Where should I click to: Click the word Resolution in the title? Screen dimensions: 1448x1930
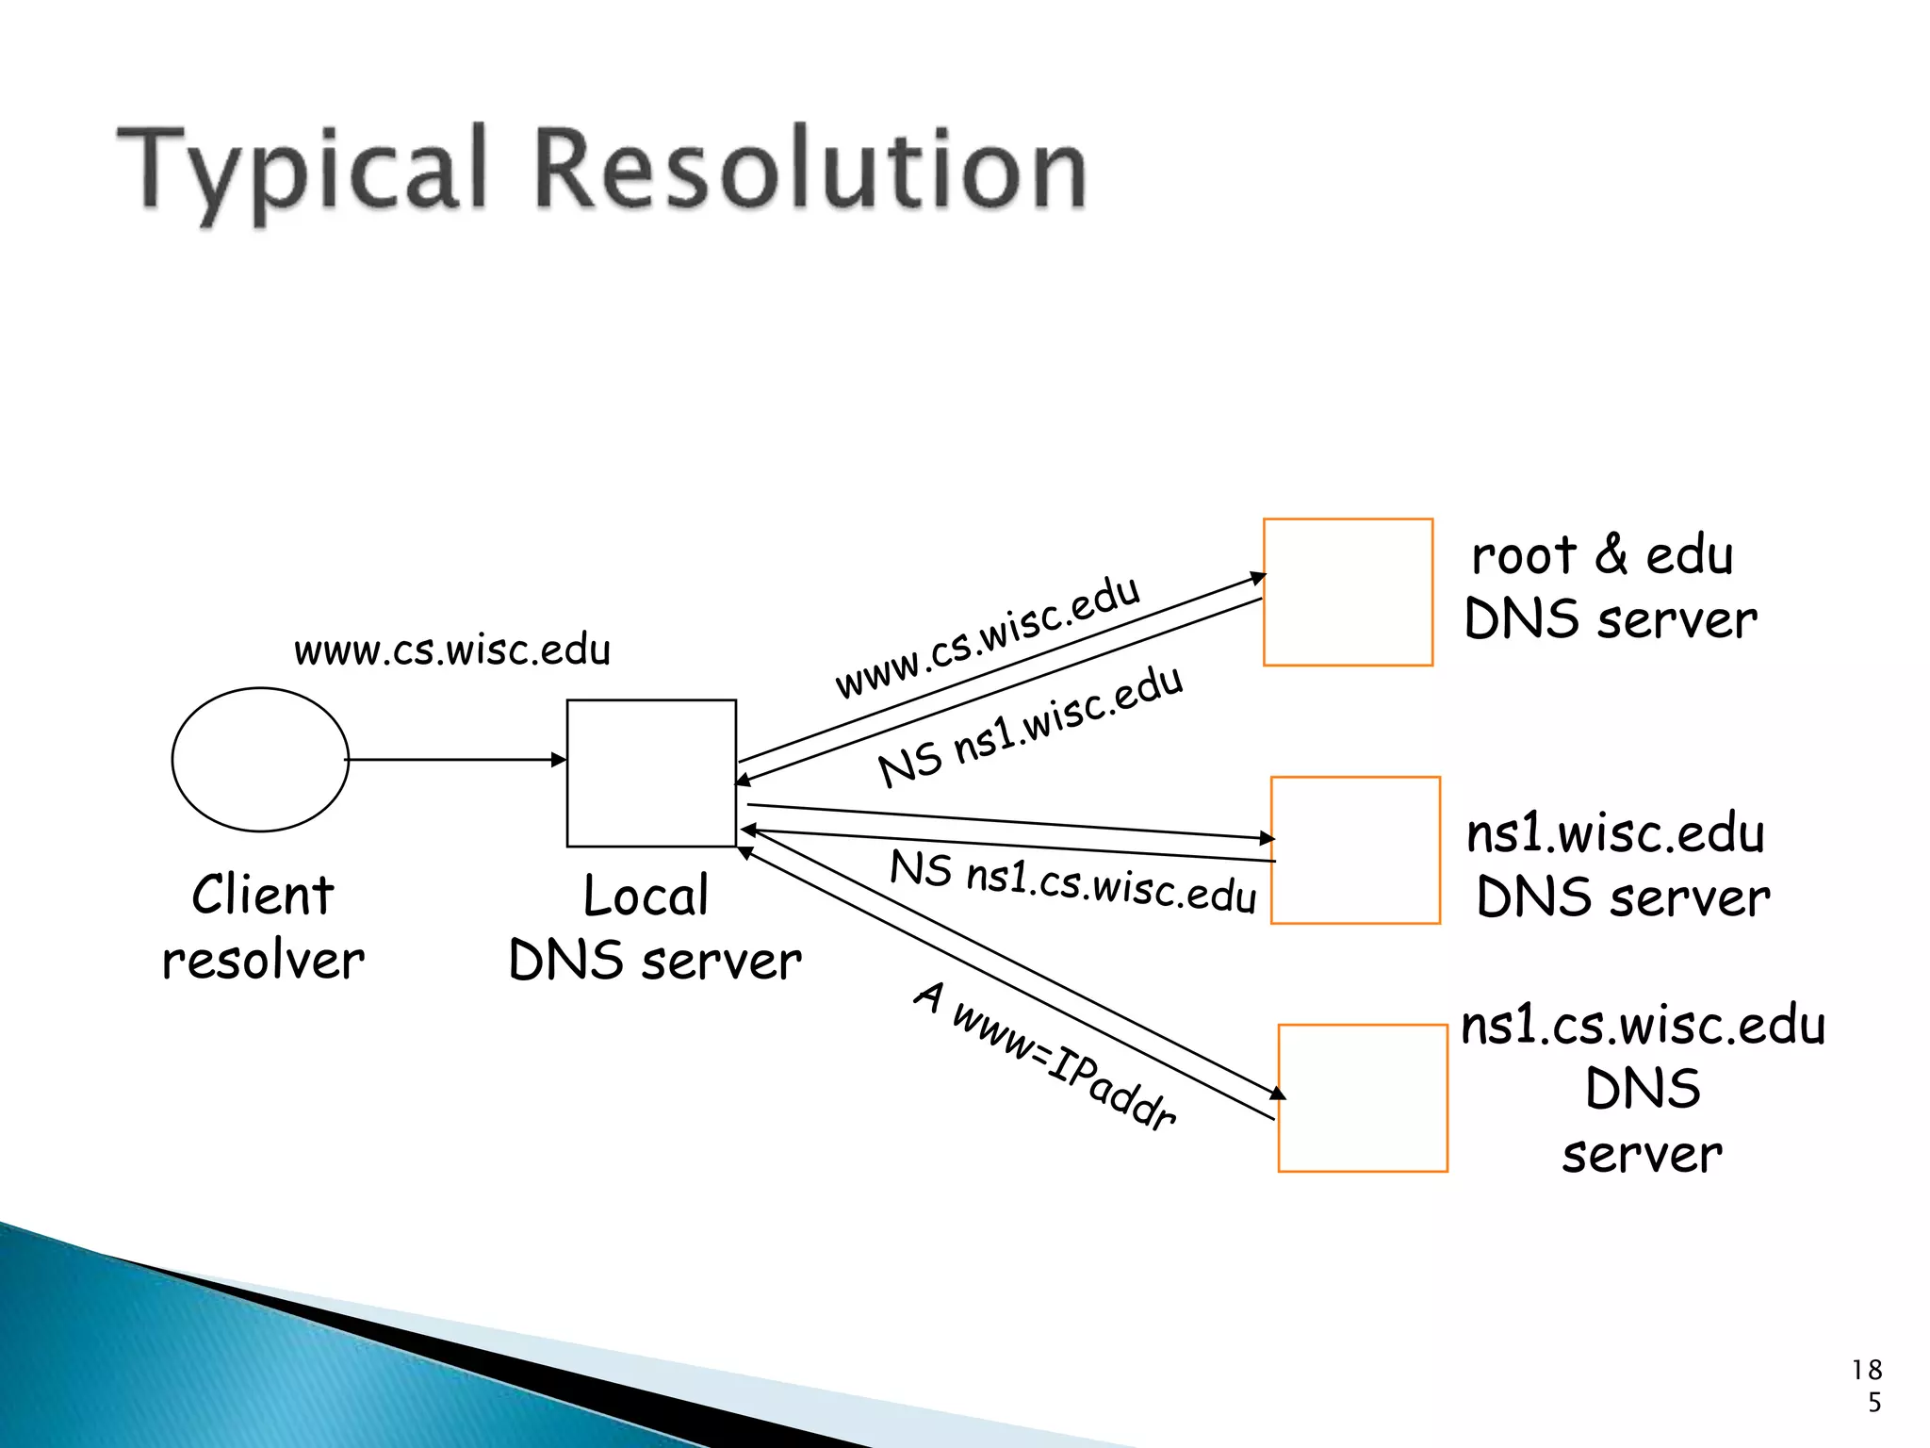[x=810, y=170]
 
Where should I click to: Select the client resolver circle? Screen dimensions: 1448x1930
[x=260, y=760]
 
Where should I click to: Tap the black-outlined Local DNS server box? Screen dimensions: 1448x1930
[x=651, y=773]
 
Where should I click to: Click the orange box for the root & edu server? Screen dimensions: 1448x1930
[x=1348, y=592]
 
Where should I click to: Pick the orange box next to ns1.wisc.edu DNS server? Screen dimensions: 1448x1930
[x=1355, y=850]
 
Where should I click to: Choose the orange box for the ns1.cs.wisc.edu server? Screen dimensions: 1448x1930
[x=1363, y=1098]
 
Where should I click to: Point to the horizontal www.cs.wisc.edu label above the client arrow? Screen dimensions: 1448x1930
[x=452, y=650]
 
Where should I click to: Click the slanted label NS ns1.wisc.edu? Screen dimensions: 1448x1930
[x=1030, y=725]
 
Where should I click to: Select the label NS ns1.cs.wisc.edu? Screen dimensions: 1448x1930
[x=1073, y=882]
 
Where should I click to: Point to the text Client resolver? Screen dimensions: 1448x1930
[x=263, y=928]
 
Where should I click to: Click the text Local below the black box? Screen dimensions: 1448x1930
[x=646, y=896]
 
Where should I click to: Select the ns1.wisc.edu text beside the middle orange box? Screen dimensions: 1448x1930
[x=1615, y=833]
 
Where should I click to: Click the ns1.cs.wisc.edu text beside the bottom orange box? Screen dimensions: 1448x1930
[x=1643, y=1026]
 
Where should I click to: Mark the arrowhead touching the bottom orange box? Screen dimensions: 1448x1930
[x=1278, y=1094]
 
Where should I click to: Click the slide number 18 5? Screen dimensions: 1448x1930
[x=1868, y=1385]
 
